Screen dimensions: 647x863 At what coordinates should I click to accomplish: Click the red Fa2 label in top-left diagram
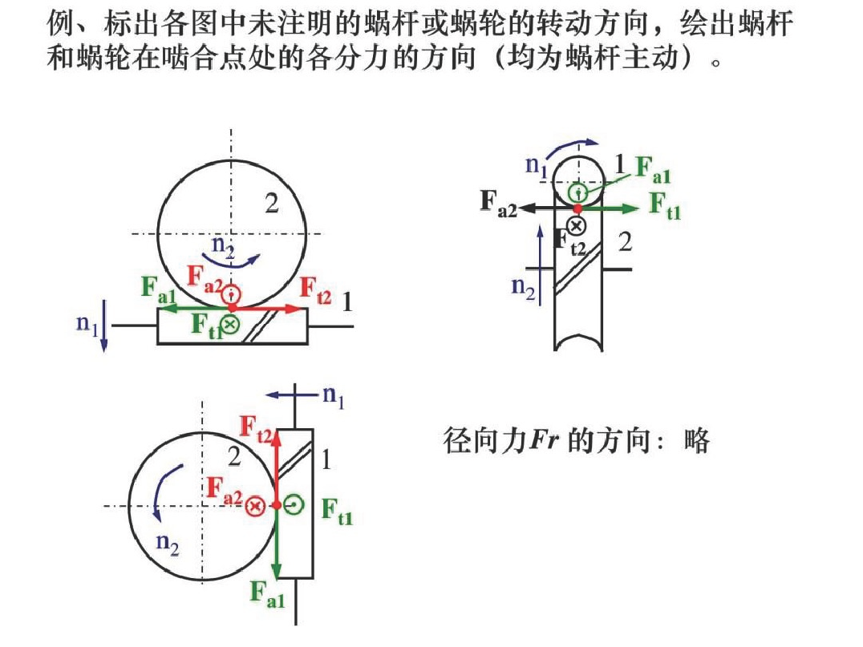point(204,277)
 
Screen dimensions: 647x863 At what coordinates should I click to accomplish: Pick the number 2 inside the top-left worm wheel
point(272,204)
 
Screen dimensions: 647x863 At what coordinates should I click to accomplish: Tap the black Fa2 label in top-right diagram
point(498,204)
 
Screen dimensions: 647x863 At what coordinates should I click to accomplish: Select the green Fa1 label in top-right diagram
point(652,168)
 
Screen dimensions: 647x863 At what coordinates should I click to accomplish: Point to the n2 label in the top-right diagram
point(522,287)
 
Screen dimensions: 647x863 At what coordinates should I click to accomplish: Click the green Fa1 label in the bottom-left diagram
point(267,593)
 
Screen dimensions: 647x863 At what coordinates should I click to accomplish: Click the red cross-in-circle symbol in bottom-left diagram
point(255,506)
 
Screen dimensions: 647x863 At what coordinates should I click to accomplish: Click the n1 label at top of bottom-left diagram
point(333,396)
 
